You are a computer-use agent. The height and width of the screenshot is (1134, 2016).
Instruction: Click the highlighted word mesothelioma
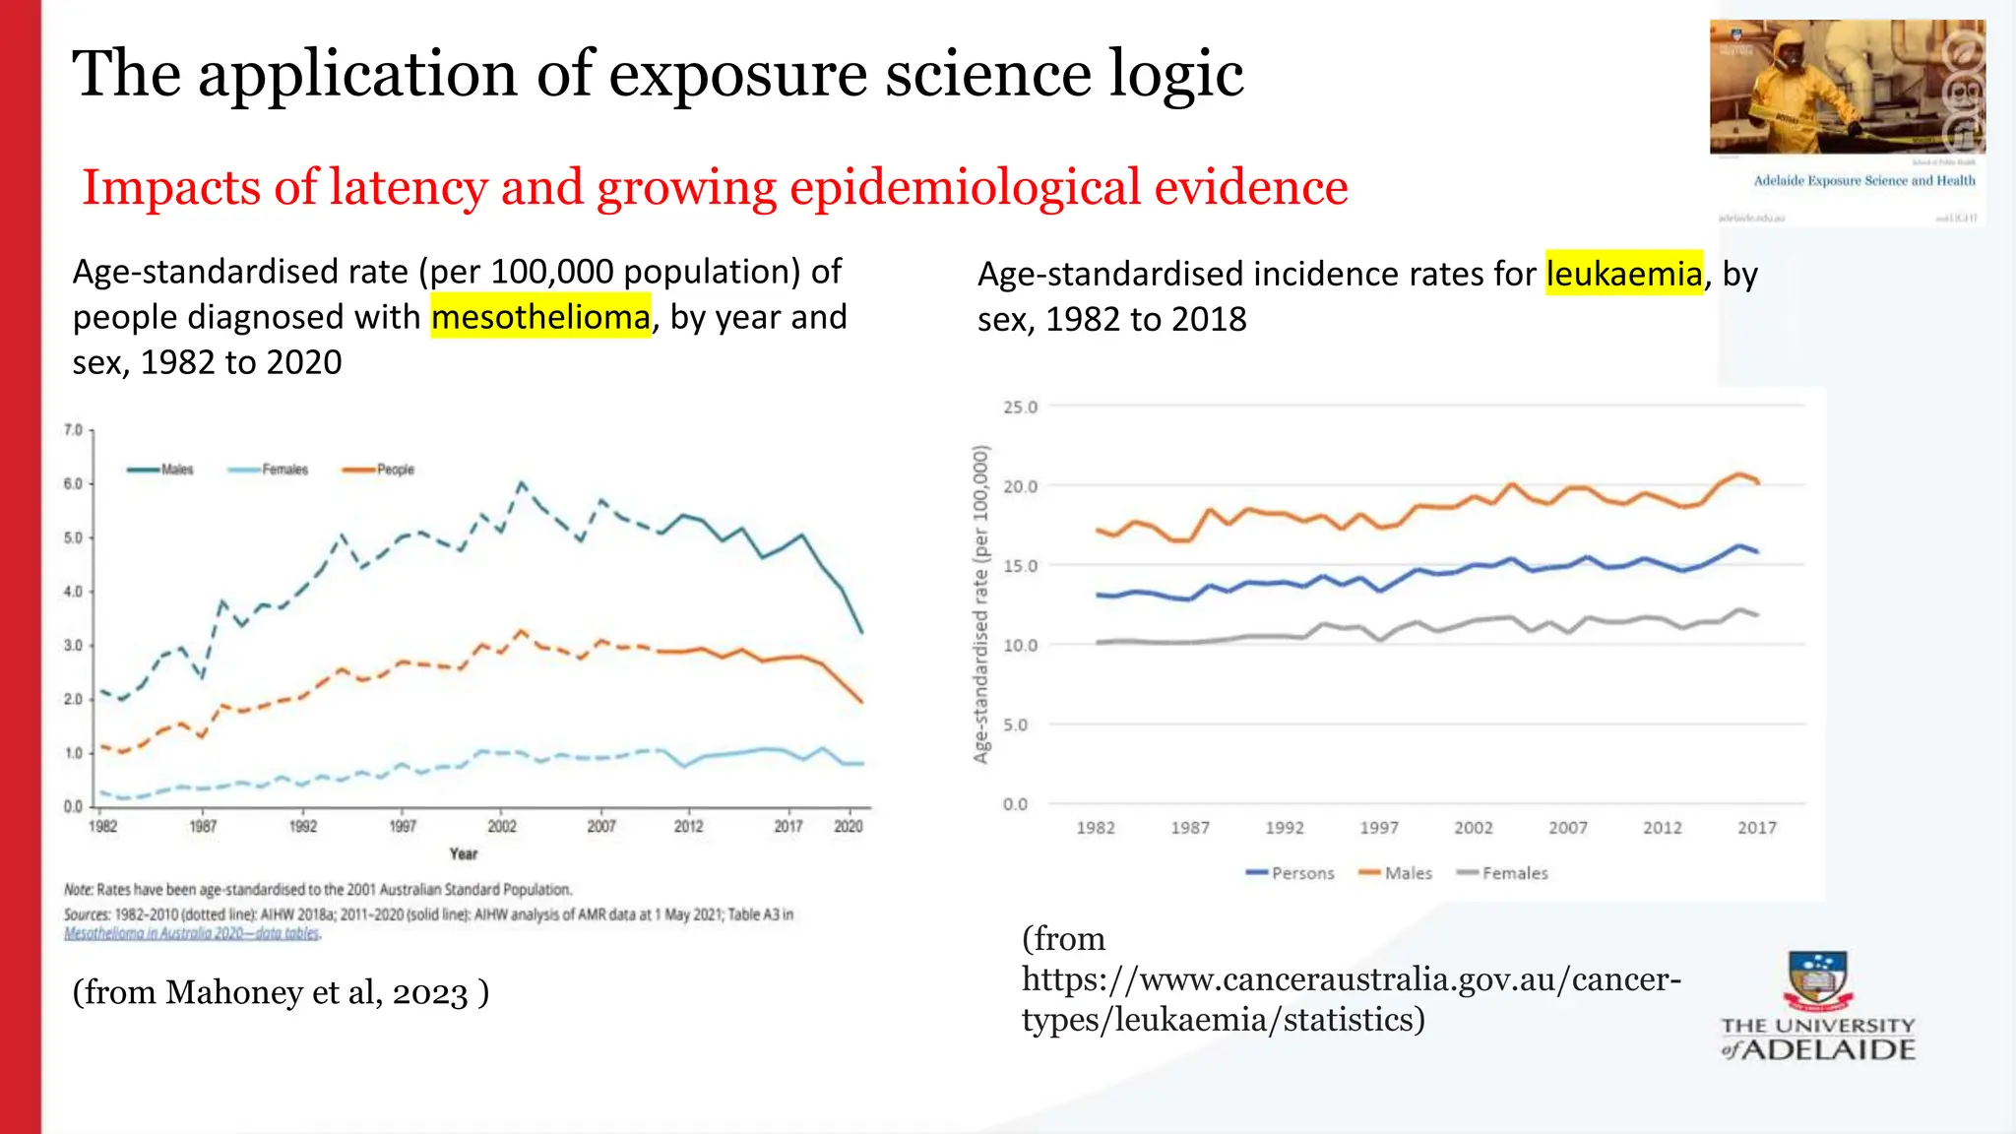pos(540,317)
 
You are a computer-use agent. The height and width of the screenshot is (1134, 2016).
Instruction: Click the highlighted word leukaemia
pos(1623,274)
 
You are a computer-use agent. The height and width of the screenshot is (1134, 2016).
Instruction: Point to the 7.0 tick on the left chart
pos(73,430)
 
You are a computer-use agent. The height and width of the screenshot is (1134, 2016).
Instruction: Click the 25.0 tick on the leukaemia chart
pos(1020,407)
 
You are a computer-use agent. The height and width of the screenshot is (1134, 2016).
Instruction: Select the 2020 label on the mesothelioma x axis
pos(848,826)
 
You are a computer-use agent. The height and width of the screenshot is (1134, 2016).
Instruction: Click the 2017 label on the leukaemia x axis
pos(1756,828)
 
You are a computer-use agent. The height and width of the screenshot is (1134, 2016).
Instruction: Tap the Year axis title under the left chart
pos(463,853)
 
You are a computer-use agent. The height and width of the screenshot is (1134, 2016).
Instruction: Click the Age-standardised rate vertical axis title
pos(980,603)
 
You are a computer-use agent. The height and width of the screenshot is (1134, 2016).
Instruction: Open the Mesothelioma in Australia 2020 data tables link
pos(192,933)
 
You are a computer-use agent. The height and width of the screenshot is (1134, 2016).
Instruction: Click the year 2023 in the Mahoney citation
pos(430,992)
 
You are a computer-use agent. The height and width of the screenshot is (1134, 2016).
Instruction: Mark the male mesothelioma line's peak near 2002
pos(521,483)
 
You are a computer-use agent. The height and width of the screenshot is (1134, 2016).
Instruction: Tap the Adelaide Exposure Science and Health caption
pos(1863,180)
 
